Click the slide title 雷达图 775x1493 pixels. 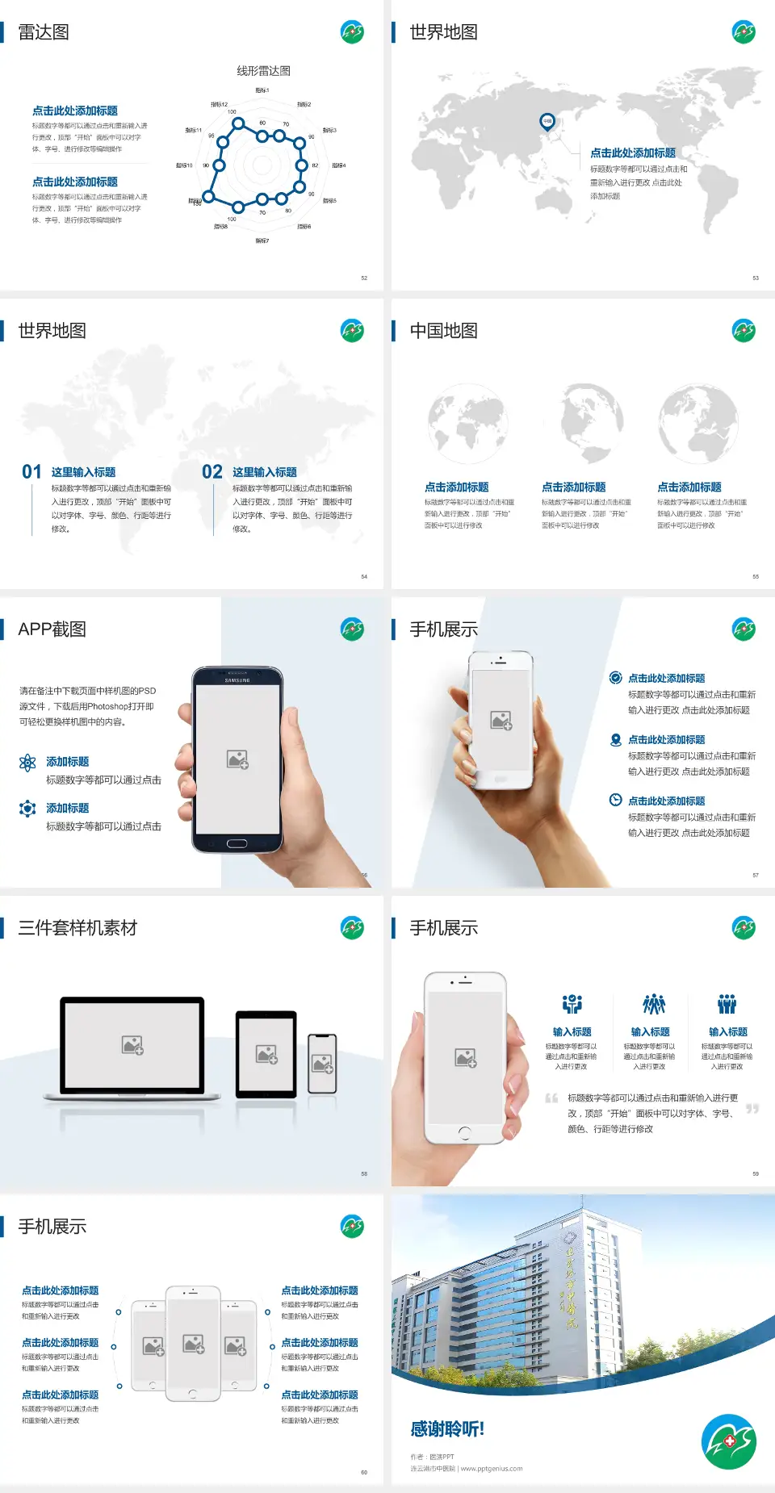tap(44, 32)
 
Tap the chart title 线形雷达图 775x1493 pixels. tap(263, 71)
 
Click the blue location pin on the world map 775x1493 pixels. tap(547, 122)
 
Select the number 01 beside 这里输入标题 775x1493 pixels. tap(31, 472)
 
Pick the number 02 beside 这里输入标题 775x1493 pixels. tap(212, 472)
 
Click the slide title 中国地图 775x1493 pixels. tap(443, 331)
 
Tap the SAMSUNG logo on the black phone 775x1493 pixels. tap(237, 680)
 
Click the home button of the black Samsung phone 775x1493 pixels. tap(237, 843)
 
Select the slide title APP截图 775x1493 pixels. tap(52, 629)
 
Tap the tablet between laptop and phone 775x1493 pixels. tap(266, 1054)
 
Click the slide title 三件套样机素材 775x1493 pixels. tap(77, 928)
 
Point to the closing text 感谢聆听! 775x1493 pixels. tap(447, 1429)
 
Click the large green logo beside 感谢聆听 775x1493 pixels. tap(729, 1441)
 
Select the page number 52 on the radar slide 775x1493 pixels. tap(364, 278)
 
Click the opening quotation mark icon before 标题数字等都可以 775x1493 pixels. tap(551, 1098)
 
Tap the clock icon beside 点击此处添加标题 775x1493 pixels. tap(615, 800)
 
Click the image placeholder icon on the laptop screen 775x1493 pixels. tap(132, 1045)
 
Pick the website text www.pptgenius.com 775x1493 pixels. tap(492, 1469)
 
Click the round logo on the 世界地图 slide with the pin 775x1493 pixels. tap(744, 32)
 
